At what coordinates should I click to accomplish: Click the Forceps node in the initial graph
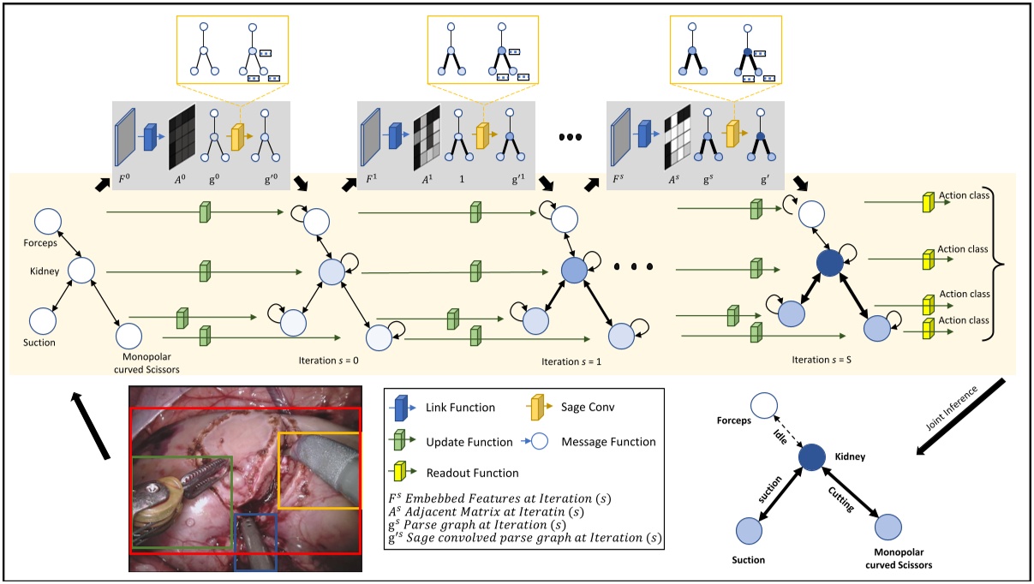click(x=48, y=222)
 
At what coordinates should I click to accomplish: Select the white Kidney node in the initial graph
click(x=81, y=271)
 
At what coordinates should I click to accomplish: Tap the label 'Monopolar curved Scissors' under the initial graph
click(x=146, y=363)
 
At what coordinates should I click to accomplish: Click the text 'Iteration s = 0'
click(x=328, y=361)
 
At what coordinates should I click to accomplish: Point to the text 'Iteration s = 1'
click(x=571, y=361)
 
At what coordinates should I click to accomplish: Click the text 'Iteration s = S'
click(x=822, y=360)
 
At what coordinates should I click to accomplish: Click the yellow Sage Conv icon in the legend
click(x=539, y=408)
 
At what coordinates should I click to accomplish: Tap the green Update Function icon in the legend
click(x=402, y=440)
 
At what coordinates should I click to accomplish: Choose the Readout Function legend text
click(x=472, y=473)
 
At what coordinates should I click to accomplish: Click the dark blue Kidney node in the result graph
click(x=812, y=457)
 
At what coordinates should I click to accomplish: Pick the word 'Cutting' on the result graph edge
click(x=840, y=499)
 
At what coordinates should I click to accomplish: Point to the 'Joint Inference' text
click(x=952, y=408)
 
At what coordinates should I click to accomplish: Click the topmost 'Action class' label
click(x=964, y=195)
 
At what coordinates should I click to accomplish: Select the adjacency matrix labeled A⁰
click(x=182, y=137)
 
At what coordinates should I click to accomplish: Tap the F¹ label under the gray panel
click(x=371, y=178)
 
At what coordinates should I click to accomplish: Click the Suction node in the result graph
click(x=749, y=531)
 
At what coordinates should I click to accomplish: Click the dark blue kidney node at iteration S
click(x=829, y=264)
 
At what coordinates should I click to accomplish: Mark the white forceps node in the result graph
click(x=764, y=406)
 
